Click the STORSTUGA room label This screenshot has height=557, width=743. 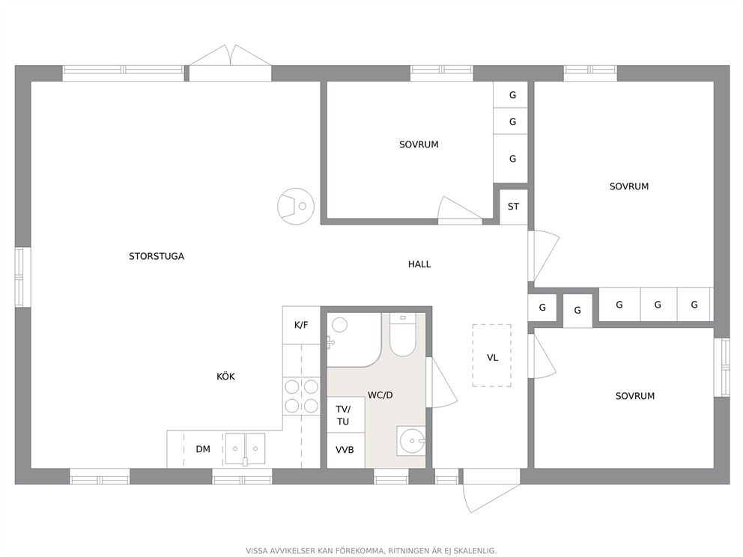click(157, 256)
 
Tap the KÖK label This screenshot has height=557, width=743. click(225, 377)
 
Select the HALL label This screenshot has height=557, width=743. click(419, 264)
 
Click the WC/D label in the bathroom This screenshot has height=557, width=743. click(380, 395)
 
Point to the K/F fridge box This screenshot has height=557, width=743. click(301, 326)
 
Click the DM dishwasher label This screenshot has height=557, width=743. click(203, 449)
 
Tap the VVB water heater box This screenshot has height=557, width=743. click(345, 450)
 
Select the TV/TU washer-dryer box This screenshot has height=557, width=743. click(345, 415)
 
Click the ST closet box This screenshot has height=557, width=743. click(513, 207)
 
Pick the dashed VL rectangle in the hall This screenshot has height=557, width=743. click(492, 356)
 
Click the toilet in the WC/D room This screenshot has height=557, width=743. click(402, 335)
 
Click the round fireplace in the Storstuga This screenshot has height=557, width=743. click(295, 206)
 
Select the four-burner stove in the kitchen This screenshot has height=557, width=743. click(301, 397)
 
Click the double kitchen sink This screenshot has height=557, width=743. click(245, 449)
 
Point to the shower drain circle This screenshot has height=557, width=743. click(339, 325)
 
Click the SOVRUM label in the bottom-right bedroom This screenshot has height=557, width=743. click(635, 396)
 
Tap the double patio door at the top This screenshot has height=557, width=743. click(230, 63)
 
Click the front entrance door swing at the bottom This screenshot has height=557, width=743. click(491, 491)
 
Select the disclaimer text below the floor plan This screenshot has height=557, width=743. click(371, 551)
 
